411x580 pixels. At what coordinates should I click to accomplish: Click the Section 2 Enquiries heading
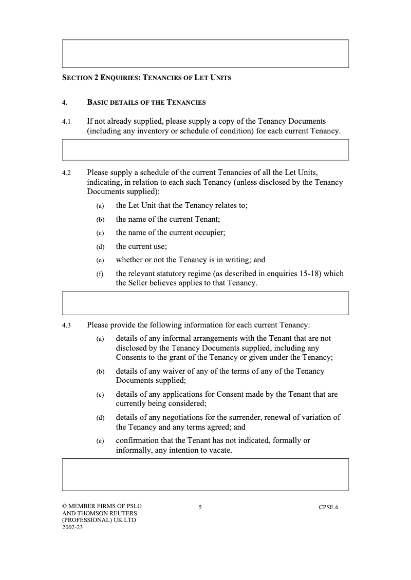(x=146, y=78)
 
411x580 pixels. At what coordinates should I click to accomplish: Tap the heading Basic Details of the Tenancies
(x=146, y=102)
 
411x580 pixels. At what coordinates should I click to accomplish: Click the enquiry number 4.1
(x=66, y=122)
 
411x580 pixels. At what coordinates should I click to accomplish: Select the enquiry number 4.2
(x=66, y=173)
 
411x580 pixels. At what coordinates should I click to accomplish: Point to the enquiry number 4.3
(x=66, y=325)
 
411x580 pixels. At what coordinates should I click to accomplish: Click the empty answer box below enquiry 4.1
(x=206, y=150)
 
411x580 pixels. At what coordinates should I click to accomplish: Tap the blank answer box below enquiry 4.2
(x=206, y=303)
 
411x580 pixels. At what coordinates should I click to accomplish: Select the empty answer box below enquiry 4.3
(x=206, y=475)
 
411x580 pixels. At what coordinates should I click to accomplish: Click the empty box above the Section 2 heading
(x=206, y=54)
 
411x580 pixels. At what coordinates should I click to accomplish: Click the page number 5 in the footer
(x=200, y=508)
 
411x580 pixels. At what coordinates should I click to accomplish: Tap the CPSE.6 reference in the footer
(x=328, y=508)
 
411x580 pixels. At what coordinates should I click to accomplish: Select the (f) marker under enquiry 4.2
(x=100, y=274)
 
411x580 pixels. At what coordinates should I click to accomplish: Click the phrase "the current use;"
(x=141, y=246)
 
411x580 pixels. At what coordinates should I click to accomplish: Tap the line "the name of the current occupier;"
(x=171, y=233)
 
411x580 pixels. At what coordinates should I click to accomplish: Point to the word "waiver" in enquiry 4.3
(x=179, y=371)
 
